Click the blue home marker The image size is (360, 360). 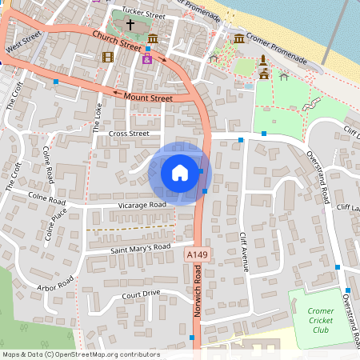[180, 173]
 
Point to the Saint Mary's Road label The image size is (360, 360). [142, 249]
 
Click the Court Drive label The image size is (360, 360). [142, 294]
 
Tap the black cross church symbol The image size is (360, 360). [130, 26]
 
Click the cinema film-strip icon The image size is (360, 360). [108, 56]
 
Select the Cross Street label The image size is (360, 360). [129, 134]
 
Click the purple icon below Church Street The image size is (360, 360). [146, 58]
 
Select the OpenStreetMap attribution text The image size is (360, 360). [81, 354]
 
